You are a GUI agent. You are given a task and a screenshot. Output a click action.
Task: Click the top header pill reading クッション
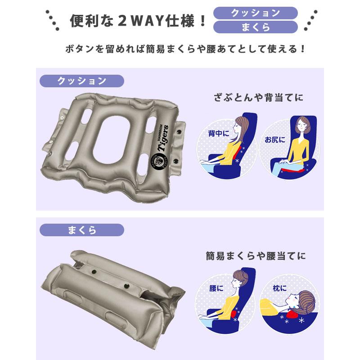[x=255, y=13]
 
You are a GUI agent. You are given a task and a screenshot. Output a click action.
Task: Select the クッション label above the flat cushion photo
[x=81, y=81]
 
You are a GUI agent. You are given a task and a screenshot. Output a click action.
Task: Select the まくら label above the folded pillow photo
[x=81, y=230]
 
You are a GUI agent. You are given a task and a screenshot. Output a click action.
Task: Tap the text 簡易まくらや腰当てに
[x=255, y=256]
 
